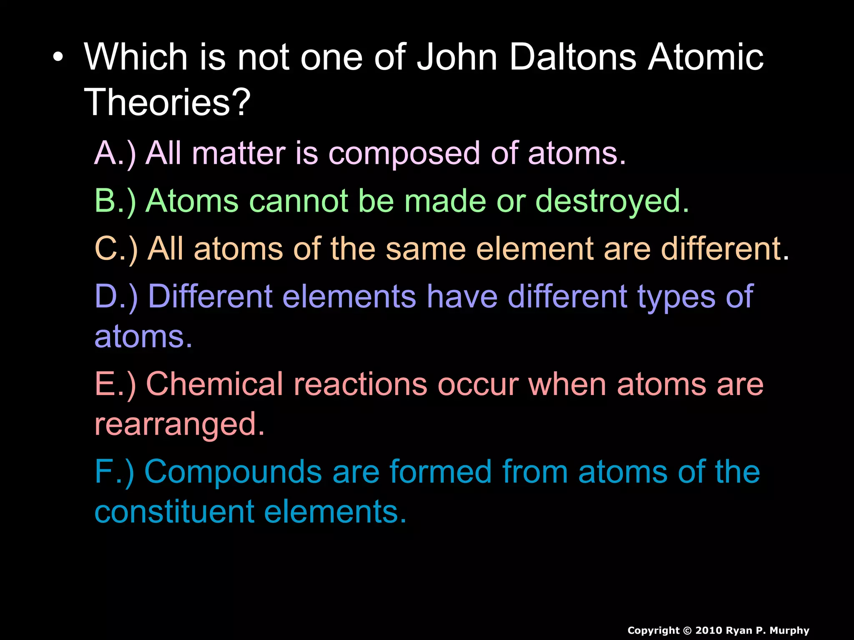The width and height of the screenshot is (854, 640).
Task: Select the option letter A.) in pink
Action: (115, 153)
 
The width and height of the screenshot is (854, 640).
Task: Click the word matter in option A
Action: (239, 153)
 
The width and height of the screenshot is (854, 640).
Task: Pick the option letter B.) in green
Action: (115, 201)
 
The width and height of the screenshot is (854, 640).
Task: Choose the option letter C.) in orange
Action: (116, 249)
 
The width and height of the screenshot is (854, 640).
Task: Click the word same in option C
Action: (426, 249)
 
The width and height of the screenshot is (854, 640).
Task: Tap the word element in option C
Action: (535, 249)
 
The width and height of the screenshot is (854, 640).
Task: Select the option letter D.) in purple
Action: (116, 297)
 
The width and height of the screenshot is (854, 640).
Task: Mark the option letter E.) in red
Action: (115, 384)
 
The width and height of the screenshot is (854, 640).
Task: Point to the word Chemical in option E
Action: (215, 384)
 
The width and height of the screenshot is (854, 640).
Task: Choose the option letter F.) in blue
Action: (114, 472)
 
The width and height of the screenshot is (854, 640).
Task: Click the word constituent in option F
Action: (174, 512)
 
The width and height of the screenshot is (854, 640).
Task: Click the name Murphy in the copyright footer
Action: (789, 631)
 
